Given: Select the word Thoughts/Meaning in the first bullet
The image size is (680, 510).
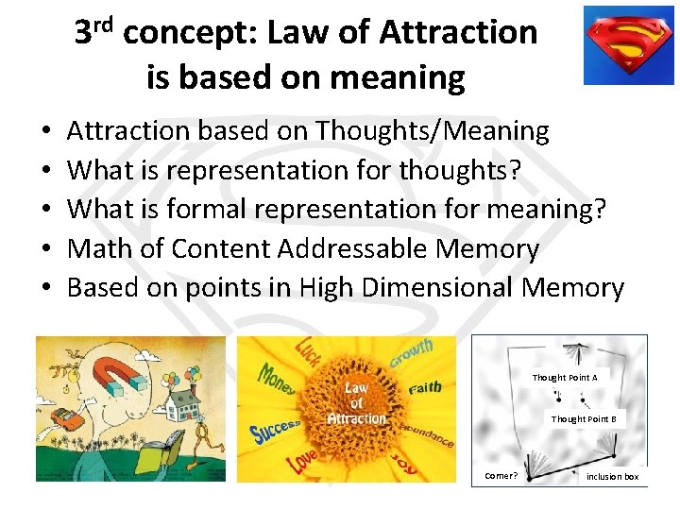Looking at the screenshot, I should [432, 130].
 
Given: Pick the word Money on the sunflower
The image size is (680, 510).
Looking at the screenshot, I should [278, 380].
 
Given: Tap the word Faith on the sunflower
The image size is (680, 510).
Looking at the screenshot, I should [424, 386].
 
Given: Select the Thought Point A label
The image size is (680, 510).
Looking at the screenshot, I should [564, 378].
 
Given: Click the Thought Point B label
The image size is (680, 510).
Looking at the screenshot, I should [583, 418].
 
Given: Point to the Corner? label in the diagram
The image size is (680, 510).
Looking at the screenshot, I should [501, 476].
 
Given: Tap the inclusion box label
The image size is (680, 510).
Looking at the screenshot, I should [612, 477].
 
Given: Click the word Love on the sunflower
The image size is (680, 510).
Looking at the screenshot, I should [302, 461].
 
